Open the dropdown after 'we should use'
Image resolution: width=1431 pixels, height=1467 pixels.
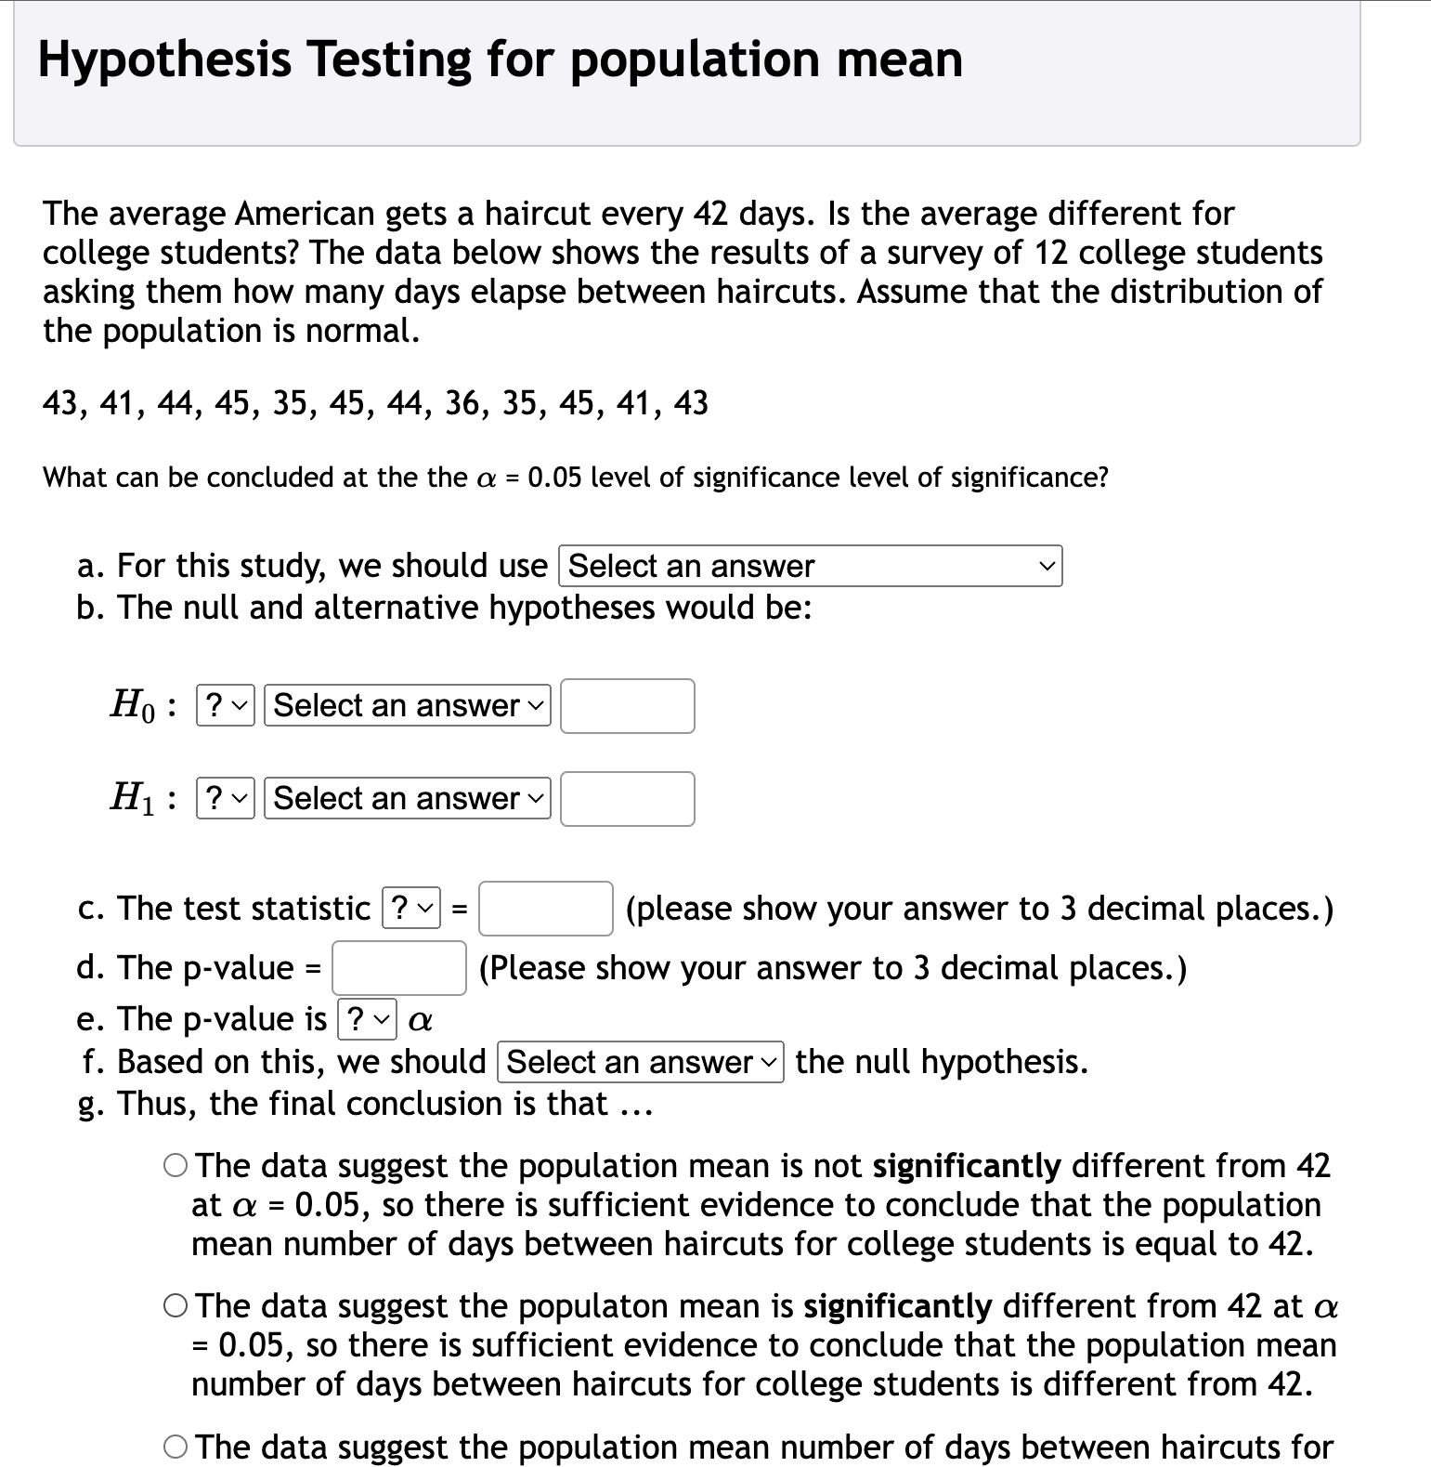coord(810,566)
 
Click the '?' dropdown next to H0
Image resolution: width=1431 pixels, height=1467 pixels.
coord(225,705)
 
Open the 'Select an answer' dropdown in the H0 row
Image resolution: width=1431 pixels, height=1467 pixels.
coord(407,705)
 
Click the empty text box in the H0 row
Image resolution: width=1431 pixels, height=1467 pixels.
coord(627,706)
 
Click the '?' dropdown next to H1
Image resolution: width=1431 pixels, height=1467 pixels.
coord(225,798)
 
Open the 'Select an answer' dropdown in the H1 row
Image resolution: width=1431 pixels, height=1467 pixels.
coord(407,798)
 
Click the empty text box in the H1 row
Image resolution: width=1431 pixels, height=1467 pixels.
coord(627,799)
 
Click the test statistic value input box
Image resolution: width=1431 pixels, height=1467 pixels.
coord(545,908)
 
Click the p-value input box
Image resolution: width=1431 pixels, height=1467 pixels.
coord(399,967)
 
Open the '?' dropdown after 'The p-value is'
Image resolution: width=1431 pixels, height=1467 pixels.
coord(368,1019)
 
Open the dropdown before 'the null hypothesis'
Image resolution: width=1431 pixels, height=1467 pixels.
coord(641,1062)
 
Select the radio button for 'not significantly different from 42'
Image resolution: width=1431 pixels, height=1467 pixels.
coord(176,1165)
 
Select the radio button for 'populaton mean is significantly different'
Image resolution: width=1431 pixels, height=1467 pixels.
coord(176,1306)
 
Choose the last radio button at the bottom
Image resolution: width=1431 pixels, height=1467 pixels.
coord(176,1447)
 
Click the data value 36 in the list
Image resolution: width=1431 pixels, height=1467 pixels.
coord(463,403)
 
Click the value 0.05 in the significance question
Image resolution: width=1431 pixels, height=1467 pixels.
coord(554,478)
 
